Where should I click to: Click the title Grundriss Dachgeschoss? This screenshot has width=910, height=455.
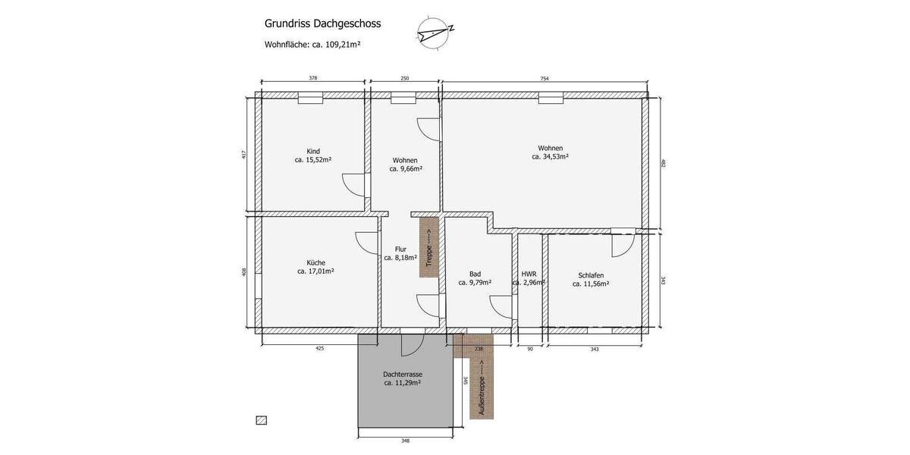point(322,24)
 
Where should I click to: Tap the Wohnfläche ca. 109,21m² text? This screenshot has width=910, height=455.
point(312,45)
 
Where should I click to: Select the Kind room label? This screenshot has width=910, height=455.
point(313,151)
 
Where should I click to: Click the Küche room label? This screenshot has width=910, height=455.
point(315,262)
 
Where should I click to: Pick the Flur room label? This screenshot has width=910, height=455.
point(400,249)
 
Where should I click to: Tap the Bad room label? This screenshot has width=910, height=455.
point(475,274)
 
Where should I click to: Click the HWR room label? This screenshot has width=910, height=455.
point(529,274)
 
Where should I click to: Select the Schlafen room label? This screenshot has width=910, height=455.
point(591,275)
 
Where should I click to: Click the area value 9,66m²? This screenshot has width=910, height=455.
point(406,169)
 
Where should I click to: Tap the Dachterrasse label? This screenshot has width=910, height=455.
point(403,375)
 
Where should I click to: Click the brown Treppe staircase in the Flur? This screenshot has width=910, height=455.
point(429,247)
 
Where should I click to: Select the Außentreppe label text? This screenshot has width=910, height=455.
point(481,388)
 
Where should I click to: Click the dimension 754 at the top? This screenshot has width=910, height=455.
point(544,78)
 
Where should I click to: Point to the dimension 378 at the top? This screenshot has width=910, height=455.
point(313,78)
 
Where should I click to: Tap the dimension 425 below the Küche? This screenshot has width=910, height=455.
point(319,349)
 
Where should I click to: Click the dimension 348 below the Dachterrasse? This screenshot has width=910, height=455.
point(405,441)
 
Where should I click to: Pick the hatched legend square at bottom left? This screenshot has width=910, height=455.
point(262,420)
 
